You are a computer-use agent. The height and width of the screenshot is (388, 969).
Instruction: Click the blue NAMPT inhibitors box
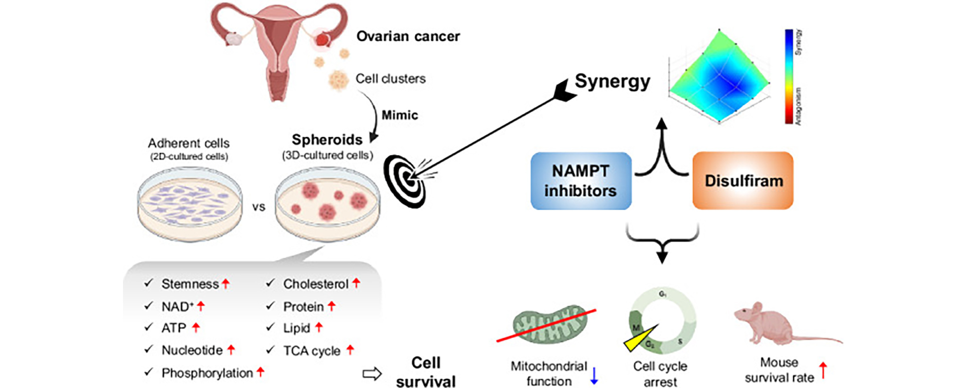(581, 181)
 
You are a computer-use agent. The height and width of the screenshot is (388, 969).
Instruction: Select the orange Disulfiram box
(743, 181)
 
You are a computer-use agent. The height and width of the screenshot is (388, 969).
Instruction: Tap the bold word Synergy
(612, 81)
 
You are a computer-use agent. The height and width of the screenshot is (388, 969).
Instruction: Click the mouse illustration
(776, 324)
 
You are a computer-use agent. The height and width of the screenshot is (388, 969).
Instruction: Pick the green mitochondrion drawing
(549, 325)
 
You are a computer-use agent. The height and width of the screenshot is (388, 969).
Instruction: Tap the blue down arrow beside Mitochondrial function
(594, 376)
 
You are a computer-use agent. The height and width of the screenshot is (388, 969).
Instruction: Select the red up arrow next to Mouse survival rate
(823, 370)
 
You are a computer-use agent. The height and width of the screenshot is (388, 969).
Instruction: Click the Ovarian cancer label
(408, 36)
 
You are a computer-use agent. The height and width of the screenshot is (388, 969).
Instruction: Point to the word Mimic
(400, 115)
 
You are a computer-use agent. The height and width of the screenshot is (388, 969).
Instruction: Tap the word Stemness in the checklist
(190, 284)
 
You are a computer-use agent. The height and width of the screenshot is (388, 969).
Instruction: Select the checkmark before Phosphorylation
(149, 372)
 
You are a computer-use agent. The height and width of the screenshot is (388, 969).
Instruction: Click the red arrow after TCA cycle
(350, 350)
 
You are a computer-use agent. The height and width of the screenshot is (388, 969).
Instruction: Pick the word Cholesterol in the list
(315, 284)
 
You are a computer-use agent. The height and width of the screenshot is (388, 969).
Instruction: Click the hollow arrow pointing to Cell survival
(372, 374)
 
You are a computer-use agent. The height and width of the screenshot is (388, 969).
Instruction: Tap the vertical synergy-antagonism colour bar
(789, 77)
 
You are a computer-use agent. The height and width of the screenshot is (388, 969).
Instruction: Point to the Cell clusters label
(390, 79)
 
